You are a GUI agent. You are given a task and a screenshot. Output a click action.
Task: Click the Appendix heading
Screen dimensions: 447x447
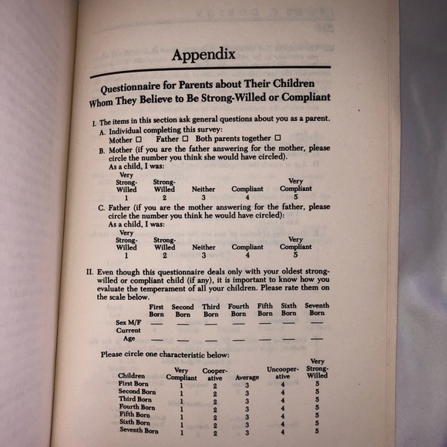(203, 55)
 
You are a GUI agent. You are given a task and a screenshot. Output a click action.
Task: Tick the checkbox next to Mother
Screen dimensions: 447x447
(139, 140)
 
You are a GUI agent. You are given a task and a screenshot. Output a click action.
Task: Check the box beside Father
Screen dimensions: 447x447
(185, 139)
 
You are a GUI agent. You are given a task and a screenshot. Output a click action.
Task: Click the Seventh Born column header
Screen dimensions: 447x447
(316, 310)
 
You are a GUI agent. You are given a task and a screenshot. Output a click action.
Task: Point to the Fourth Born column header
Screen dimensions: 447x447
(239, 310)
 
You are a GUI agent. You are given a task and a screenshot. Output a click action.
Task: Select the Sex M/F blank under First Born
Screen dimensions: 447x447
(156, 323)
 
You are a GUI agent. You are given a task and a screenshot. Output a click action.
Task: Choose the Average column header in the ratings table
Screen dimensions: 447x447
(247, 378)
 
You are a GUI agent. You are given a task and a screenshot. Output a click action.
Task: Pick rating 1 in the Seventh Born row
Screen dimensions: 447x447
(182, 433)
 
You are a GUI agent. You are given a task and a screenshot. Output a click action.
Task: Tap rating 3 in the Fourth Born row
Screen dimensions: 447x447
(247, 408)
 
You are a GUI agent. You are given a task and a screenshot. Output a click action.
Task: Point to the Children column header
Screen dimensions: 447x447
(132, 376)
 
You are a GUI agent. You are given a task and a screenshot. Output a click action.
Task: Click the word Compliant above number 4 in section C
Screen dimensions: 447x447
(247, 247)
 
